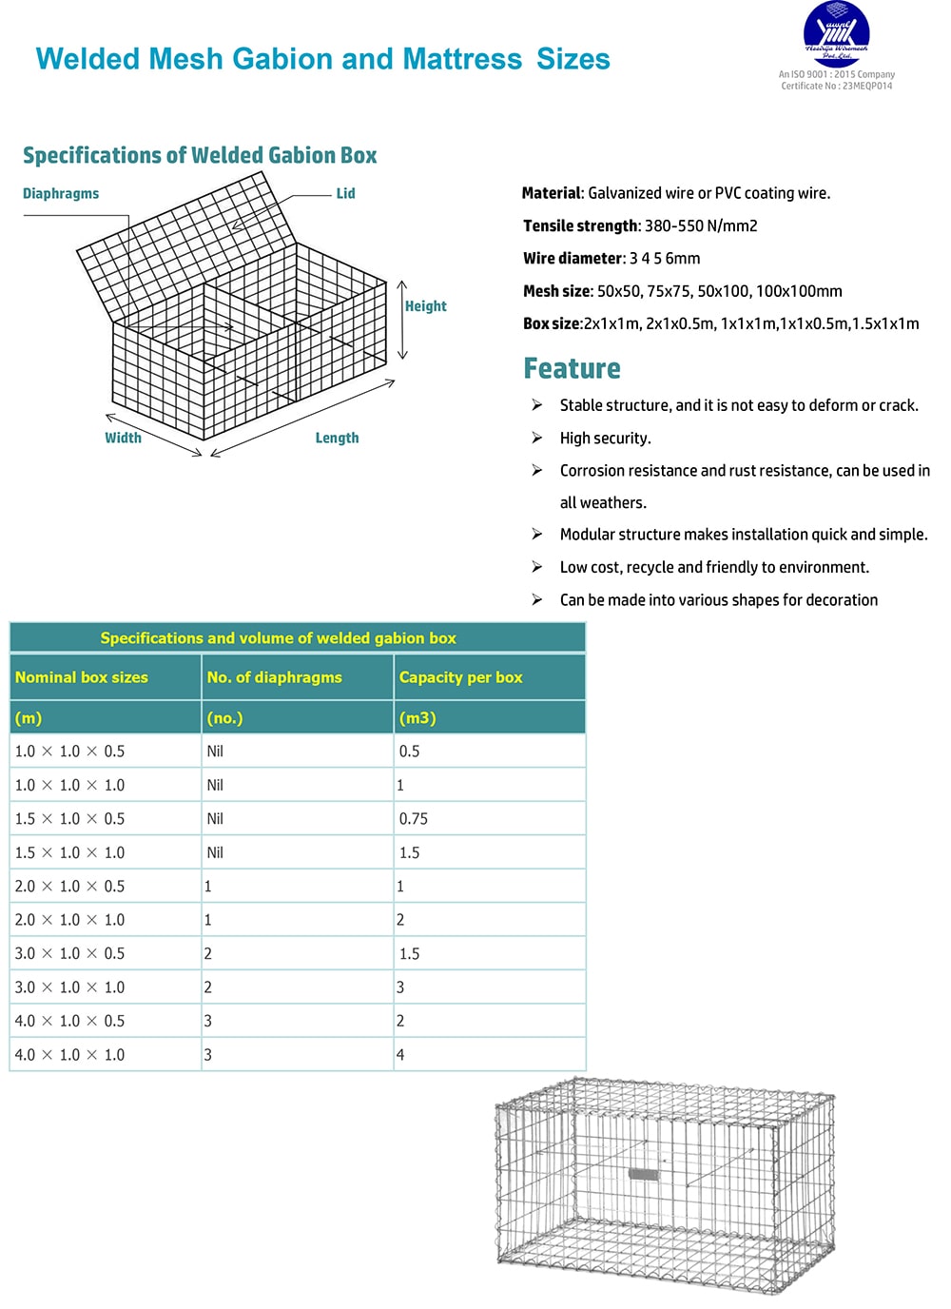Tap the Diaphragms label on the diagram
(x=61, y=194)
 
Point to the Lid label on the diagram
(x=345, y=194)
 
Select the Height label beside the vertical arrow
(x=425, y=306)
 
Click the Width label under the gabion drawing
(x=123, y=438)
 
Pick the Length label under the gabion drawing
(x=337, y=438)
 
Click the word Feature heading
(x=572, y=368)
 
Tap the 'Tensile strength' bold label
(x=580, y=226)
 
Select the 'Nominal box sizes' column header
(x=82, y=677)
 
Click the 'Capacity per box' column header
(x=460, y=677)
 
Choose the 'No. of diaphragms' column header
(x=274, y=677)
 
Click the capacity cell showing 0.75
(x=414, y=819)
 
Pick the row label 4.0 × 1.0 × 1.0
(x=69, y=1055)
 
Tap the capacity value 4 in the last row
(x=400, y=1055)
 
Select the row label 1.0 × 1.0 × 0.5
(x=69, y=752)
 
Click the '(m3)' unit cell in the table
(x=417, y=718)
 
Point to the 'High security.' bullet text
(x=605, y=439)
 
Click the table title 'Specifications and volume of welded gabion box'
(x=278, y=638)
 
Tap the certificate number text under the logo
(x=837, y=87)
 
